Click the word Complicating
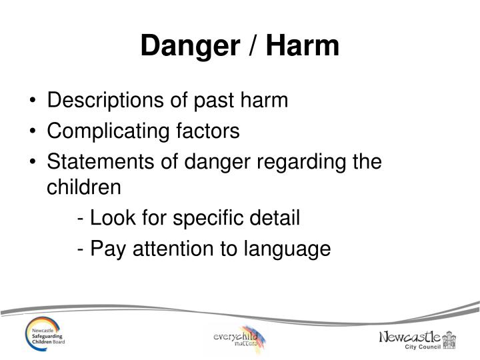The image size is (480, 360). click(107, 131)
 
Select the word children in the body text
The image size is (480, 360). click(84, 187)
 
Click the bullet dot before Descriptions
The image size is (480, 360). click(34, 102)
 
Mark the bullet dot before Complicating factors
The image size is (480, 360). click(34, 132)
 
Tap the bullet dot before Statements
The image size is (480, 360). click(34, 161)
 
